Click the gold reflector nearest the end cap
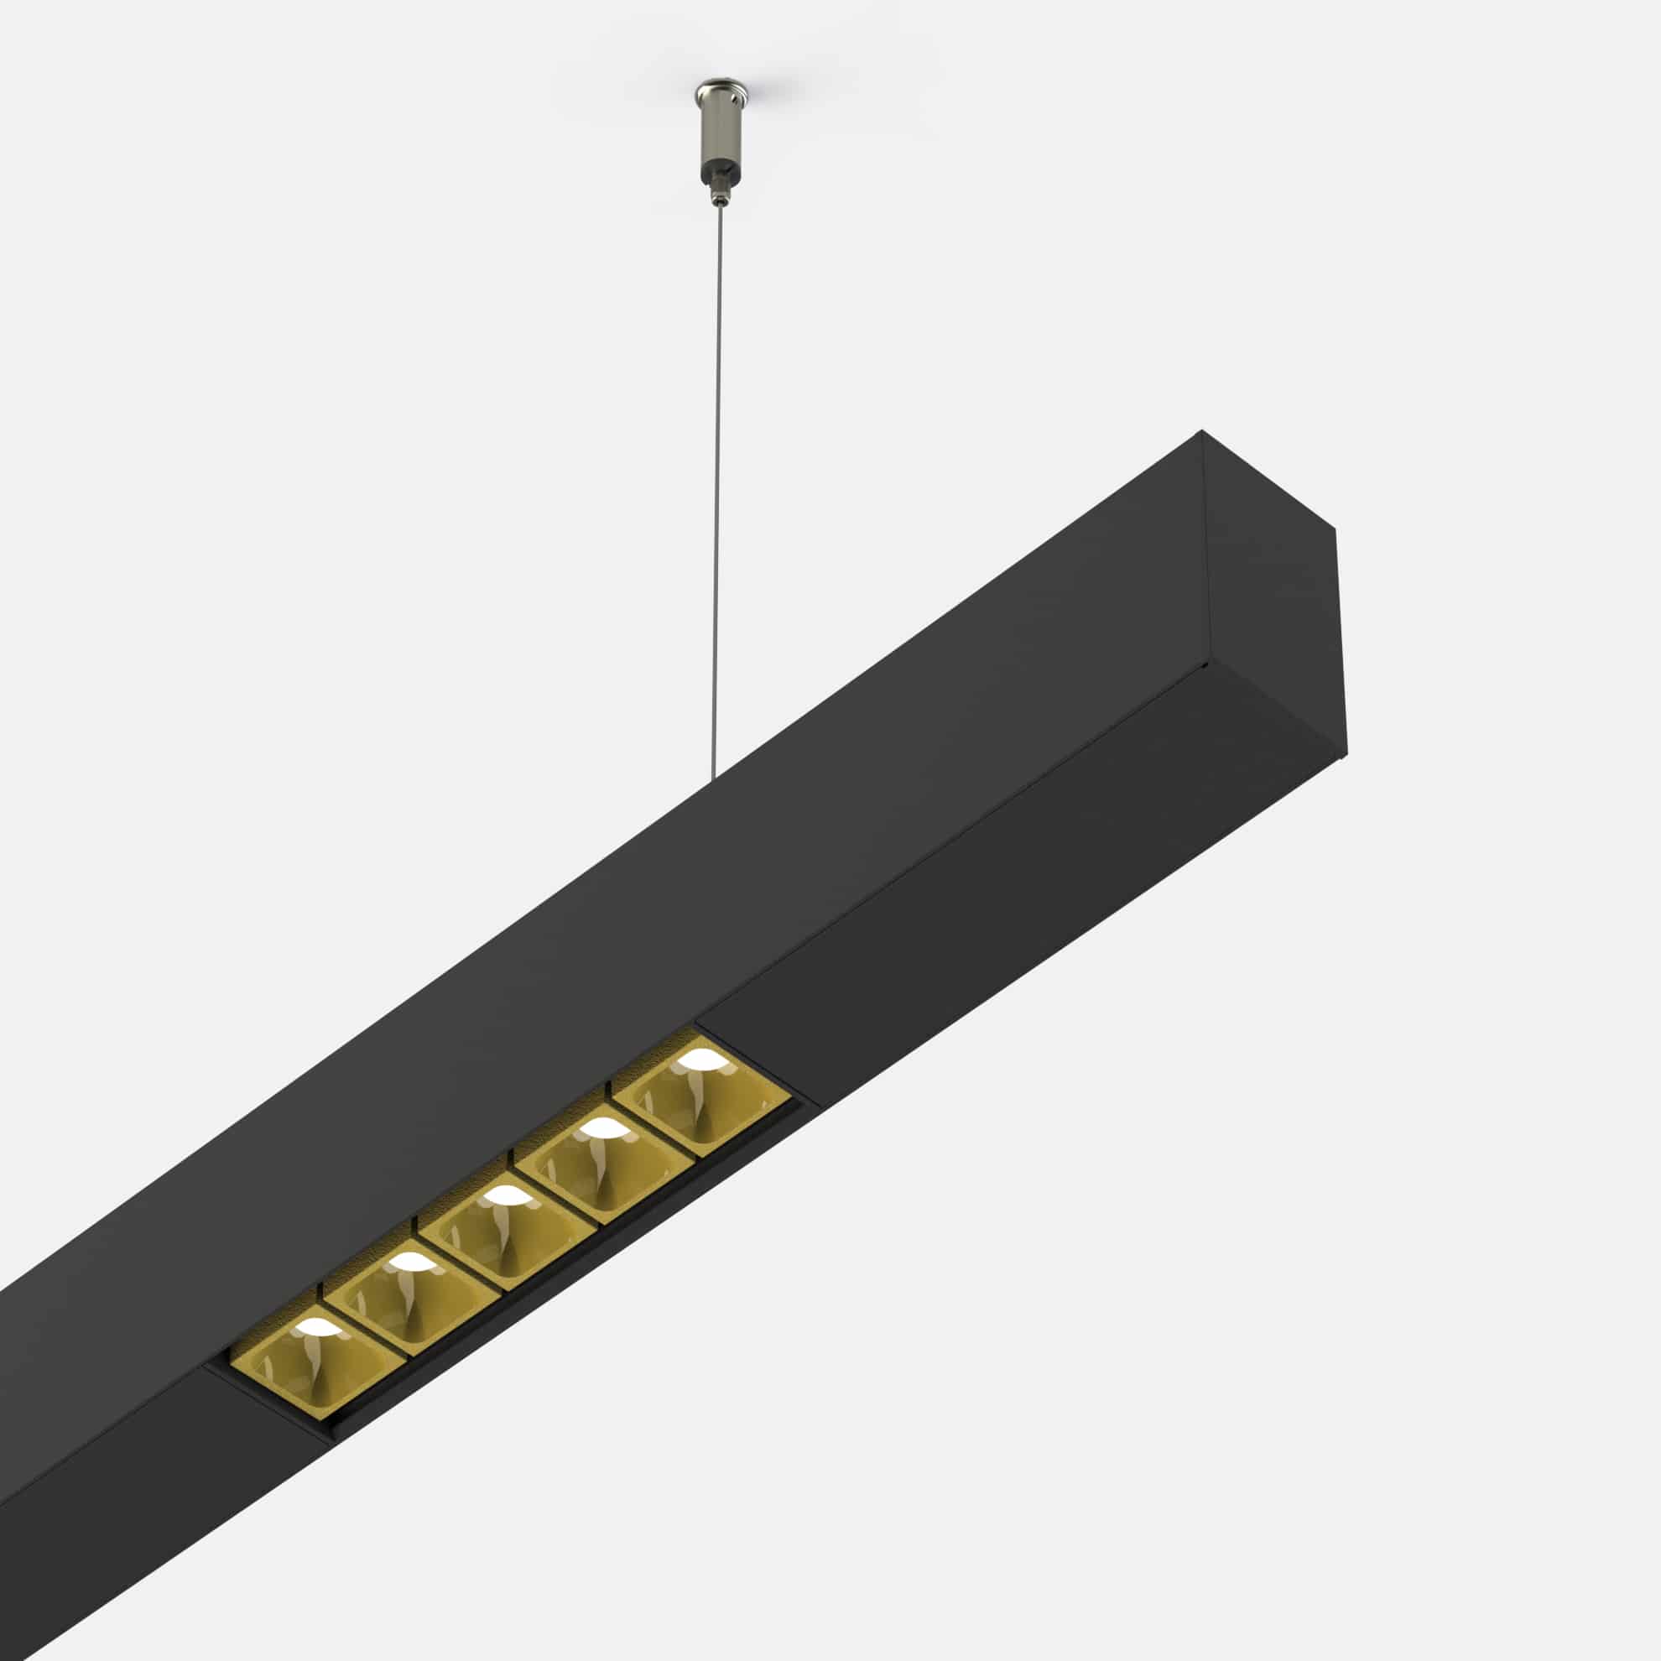click(x=700, y=1093)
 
